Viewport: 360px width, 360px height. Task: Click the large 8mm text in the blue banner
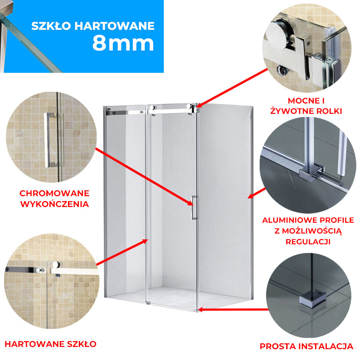123,44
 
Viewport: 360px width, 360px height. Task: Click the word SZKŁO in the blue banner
51,26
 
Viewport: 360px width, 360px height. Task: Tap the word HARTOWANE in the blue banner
115,26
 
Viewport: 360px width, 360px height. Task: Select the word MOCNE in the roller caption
303,101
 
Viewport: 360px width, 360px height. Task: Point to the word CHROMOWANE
54,193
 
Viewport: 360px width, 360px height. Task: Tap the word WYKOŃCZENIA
54,204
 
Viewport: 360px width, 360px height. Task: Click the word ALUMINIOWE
290,220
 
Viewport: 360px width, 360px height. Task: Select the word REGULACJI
308,242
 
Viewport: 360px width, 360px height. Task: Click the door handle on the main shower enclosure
194,207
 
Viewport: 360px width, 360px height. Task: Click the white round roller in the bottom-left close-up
56,265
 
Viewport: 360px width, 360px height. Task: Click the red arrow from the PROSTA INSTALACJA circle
233,310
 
